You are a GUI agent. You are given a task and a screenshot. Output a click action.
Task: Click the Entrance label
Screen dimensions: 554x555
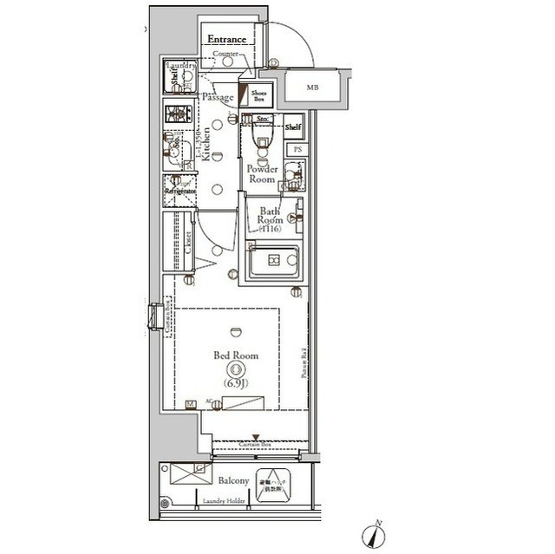227,40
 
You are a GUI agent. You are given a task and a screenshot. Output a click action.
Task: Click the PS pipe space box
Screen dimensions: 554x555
297,149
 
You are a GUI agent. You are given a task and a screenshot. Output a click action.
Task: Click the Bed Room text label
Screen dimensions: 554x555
235,355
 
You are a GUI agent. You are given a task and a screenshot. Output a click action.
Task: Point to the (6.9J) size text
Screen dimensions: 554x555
235,382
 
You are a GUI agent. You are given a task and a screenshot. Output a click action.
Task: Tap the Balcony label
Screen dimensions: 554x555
234,480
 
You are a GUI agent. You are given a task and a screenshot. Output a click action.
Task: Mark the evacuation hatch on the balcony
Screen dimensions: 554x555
276,481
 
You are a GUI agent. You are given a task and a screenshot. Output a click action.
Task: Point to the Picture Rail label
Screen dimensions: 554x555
305,362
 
